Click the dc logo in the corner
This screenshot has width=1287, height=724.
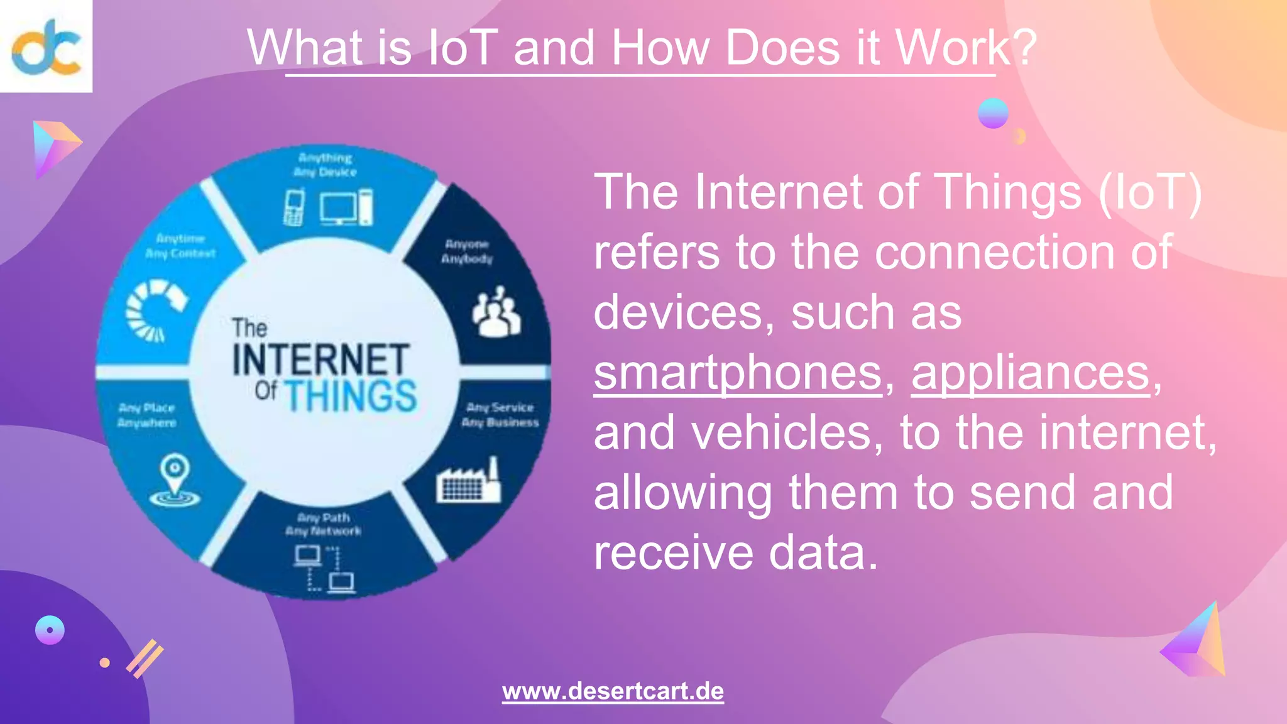(x=46, y=47)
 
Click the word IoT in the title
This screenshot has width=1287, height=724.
(x=463, y=48)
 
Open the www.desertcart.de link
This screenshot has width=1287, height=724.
(x=613, y=691)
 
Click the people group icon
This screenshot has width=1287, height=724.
(x=496, y=312)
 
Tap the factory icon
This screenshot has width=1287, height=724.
(x=469, y=482)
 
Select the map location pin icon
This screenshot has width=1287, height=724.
(x=175, y=480)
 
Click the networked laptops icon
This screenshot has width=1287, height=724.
(x=325, y=569)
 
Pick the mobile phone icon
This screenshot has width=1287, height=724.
(x=293, y=207)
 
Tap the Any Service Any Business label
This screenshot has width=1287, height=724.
(x=500, y=415)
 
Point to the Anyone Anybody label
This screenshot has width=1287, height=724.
(x=467, y=251)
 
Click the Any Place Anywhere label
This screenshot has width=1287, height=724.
(x=147, y=415)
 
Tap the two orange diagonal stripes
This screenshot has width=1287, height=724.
(x=145, y=659)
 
